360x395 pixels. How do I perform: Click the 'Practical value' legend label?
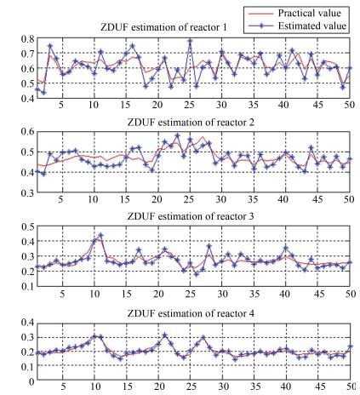pyautogui.click(x=309, y=13)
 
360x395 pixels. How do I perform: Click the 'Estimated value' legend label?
pyautogui.click(x=312, y=26)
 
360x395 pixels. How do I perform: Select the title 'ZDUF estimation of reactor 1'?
pyautogui.click(x=163, y=27)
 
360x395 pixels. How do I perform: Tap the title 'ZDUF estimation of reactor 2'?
pyautogui.click(x=191, y=123)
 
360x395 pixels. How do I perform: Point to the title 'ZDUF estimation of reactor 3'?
pyautogui.click(x=191, y=216)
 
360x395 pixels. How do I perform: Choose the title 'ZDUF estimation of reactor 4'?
pyautogui.click(x=191, y=313)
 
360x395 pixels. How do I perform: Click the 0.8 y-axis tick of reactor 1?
pyautogui.click(x=27, y=38)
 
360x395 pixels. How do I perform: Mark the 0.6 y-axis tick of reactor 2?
pyautogui.click(x=27, y=131)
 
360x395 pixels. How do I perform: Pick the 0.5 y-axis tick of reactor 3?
pyautogui.click(x=27, y=226)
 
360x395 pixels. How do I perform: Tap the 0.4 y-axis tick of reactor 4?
pyautogui.click(x=27, y=323)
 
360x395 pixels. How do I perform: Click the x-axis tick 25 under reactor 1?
pyautogui.click(x=190, y=105)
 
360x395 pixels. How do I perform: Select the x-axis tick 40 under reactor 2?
pyautogui.click(x=283, y=199)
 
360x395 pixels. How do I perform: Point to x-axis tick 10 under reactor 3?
pyautogui.click(x=94, y=294)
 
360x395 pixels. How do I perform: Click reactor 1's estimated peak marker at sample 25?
pyautogui.click(x=190, y=41)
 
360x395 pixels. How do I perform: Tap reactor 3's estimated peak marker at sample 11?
pyautogui.click(x=100, y=235)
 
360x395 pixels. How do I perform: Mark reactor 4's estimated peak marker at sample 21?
pyautogui.click(x=165, y=335)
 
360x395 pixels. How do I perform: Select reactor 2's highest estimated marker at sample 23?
pyautogui.click(x=178, y=135)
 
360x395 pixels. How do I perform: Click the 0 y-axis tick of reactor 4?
pyautogui.click(x=31, y=381)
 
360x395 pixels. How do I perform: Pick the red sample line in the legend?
pyautogui.click(x=260, y=14)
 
